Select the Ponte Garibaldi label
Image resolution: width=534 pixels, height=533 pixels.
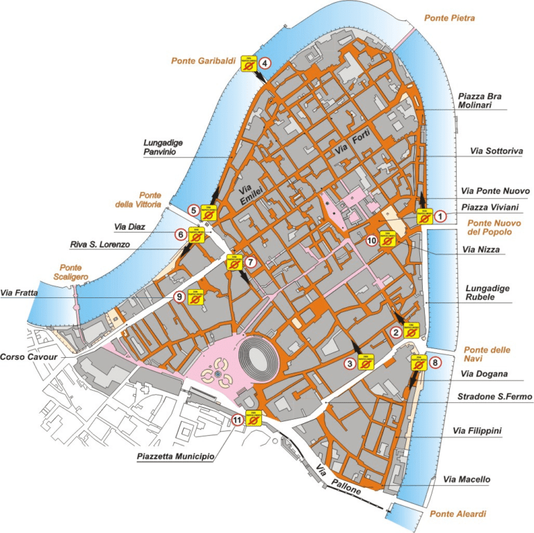(x=200, y=60)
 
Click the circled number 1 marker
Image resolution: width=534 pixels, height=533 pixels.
(x=440, y=217)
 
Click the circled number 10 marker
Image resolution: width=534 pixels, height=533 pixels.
(x=371, y=240)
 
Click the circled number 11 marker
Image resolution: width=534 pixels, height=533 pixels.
(x=238, y=419)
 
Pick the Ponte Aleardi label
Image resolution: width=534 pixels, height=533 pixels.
(x=458, y=514)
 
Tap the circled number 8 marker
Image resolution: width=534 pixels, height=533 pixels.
(x=435, y=362)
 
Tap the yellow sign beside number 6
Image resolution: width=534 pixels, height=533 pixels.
(x=198, y=236)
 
